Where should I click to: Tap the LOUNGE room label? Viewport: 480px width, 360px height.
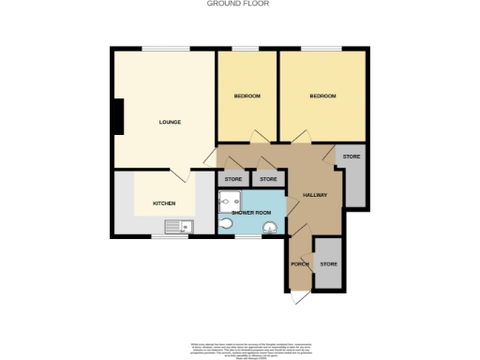[169, 122]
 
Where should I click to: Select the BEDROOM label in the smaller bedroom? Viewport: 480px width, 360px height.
[247, 97]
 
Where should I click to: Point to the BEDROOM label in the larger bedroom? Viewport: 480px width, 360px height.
[322, 97]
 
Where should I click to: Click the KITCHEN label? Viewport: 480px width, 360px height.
[165, 203]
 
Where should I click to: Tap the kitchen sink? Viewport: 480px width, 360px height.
[178, 226]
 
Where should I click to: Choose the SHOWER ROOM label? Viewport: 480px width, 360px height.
[250, 213]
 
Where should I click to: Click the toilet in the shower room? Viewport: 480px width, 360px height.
[225, 225]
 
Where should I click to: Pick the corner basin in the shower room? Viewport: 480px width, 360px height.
[270, 226]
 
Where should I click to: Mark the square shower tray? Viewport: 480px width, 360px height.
[230, 201]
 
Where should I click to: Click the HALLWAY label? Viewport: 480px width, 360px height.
[314, 195]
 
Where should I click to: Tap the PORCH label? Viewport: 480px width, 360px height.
[300, 263]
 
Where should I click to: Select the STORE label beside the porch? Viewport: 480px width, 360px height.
[328, 264]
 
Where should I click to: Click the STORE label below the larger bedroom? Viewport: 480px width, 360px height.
[352, 156]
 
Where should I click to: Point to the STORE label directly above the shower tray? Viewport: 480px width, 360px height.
[233, 178]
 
